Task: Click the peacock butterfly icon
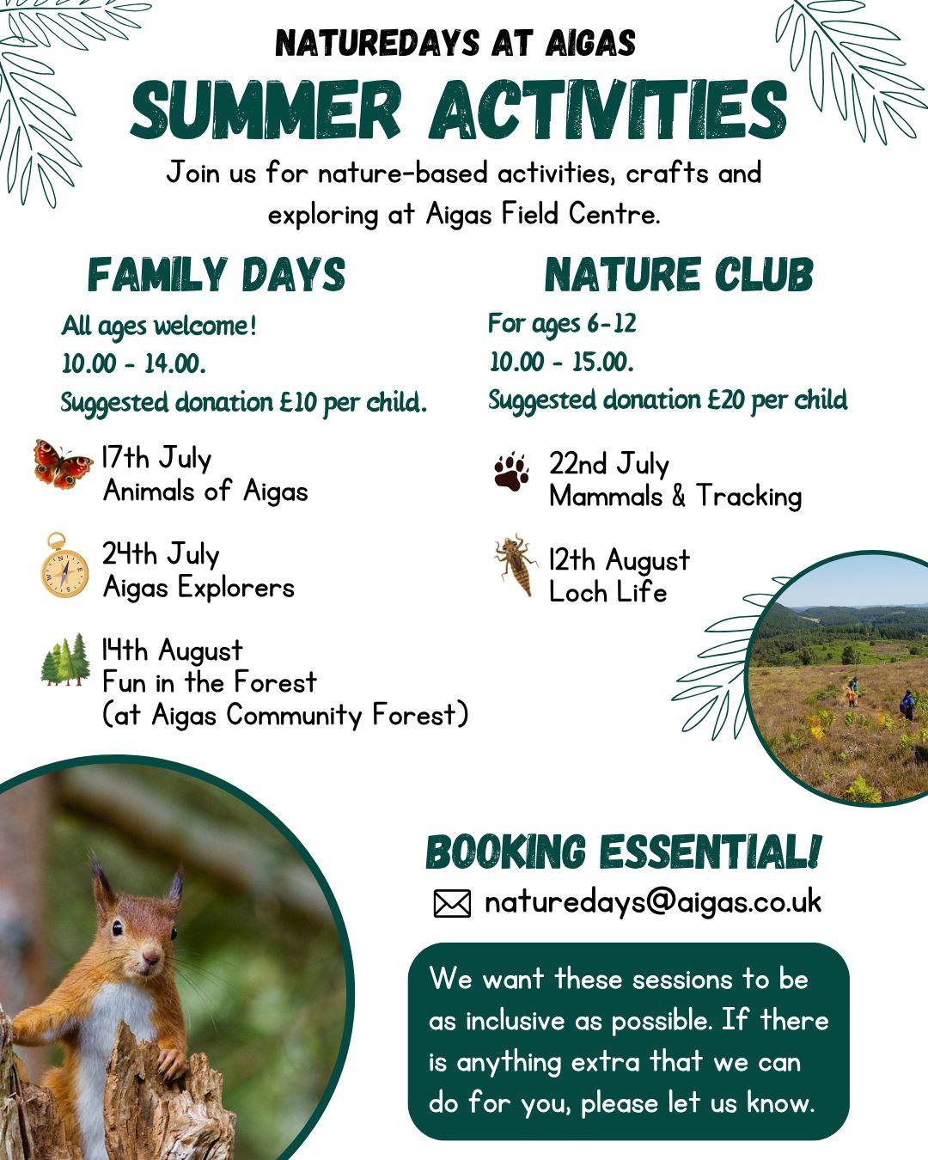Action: click(x=63, y=464)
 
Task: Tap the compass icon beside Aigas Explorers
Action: click(x=64, y=566)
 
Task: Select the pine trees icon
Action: click(x=65, y=660)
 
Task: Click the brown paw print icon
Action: click(x=511, y=471)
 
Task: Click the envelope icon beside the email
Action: click(x=452, y=904)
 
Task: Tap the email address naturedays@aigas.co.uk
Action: click(x=653, y=902)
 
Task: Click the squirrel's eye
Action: click(x=118, y=928)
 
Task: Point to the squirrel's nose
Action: click(x=151, y=955)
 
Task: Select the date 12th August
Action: click(x=620, y=560)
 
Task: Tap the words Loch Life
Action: click(x=607, y=592)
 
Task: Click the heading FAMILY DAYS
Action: click(x=217, y=275)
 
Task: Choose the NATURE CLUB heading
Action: click(x=679, y=275)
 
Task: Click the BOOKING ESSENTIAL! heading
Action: click(x=623, y=852)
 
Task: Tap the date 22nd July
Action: click(x=609, y=464)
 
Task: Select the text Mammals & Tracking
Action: click(x=675, y=497)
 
